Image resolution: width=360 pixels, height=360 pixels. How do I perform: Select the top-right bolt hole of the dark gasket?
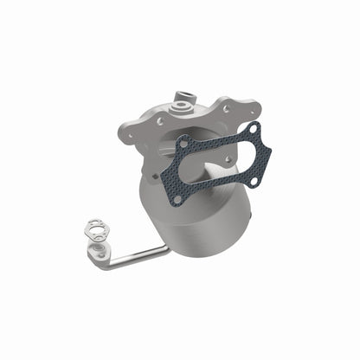pyautogui.click(x=253, y=129)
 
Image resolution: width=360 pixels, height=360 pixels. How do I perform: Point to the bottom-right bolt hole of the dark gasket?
pyautogui.click(x=257, y=170)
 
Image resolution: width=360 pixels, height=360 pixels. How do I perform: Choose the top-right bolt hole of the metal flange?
pyautogui.click(x=227, y=110)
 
